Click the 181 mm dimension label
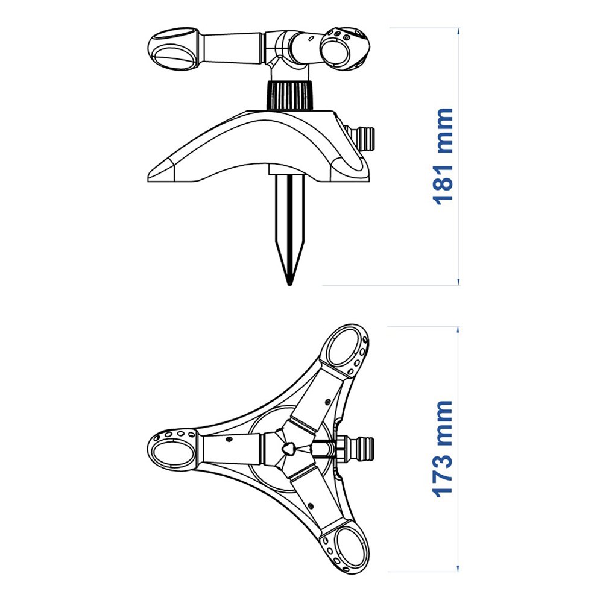coord(443,156)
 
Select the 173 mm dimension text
coord(443,447)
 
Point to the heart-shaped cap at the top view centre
coord(288,449)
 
